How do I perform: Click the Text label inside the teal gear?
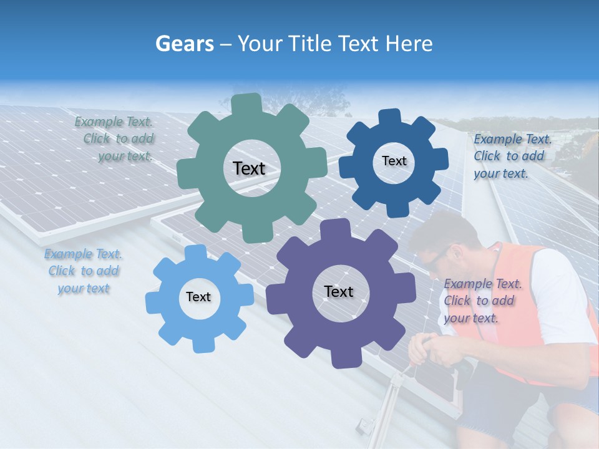click(x=249, y=168)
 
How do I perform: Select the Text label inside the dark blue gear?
click(x=394, y=161)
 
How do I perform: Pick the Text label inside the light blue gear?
click(x=198, y=297)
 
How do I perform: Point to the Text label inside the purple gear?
click(x=339, y=291)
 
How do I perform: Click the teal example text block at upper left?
click(x=116, y=139)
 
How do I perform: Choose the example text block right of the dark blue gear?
click(x=512, y=156)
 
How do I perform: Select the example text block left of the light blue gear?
click(x=83, y=271)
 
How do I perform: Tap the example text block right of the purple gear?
click(x=482, y=301)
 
